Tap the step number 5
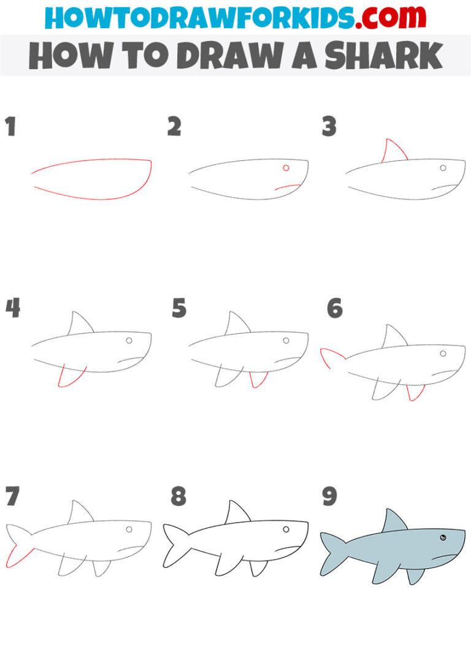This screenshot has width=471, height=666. coord(178,308)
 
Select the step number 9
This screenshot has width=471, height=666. coord(329,496)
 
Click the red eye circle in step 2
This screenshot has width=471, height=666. coord(286,168)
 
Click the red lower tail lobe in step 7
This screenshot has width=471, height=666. coord(17,556)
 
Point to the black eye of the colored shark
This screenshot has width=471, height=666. coord(442,538)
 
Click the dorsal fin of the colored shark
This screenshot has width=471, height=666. coord(393,521)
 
